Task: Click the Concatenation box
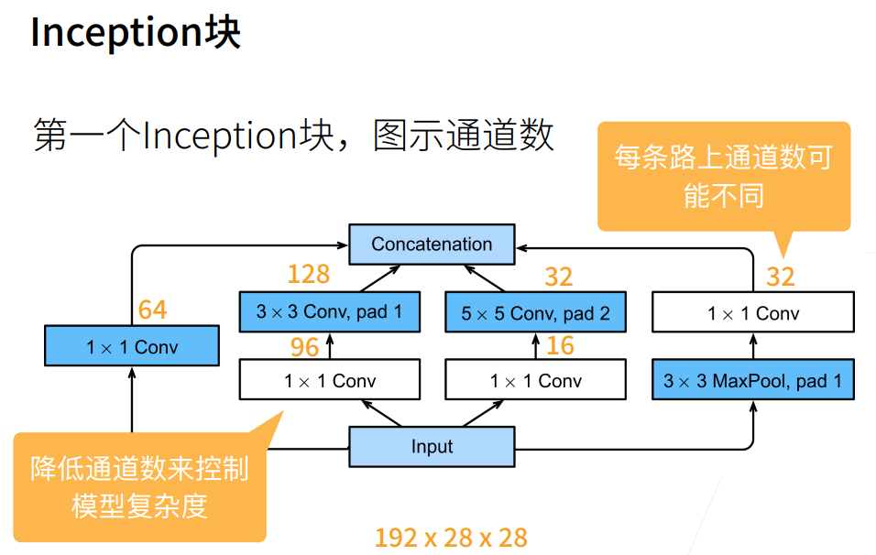[432, 245]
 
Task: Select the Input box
[432, 447]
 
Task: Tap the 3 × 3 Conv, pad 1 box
[329, 312]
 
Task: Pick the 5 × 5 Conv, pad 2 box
[535, 313]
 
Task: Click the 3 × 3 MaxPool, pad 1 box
[752, 380]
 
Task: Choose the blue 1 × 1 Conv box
[132, 347]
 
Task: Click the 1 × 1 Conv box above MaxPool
[752, 313]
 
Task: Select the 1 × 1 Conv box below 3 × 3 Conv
[329, 380]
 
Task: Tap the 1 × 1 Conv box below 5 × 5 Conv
[535, 380]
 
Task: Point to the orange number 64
[152, 310]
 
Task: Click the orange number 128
[308, 274]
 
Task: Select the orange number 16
[560, 346]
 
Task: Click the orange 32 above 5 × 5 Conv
[558, 276]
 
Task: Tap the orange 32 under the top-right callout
[780, 276]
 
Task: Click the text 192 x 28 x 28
[451, 538]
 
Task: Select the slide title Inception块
[136, 34]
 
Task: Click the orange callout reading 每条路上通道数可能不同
[724, 176]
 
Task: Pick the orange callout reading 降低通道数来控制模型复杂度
[139, 486]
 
